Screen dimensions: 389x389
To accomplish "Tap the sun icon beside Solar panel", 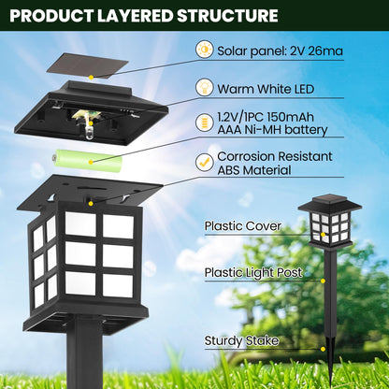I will [x=204, y=50].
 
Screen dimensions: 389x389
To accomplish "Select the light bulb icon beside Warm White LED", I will [x=204, y=87].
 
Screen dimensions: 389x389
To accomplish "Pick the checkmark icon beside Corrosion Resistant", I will [x=204, y=161].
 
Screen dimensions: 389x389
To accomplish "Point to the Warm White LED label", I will [x=265, y=88].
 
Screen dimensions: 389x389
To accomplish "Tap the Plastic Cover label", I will [x=243, y=226].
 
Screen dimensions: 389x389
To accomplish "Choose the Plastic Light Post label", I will [x=254, y=273].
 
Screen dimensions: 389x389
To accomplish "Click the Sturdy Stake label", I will [x=242, y=340].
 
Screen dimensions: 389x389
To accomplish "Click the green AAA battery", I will [x=86, y=157].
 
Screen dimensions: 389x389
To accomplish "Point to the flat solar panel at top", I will [x=88, y=65].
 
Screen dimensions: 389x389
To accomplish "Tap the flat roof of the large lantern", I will [x=89, y=193].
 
